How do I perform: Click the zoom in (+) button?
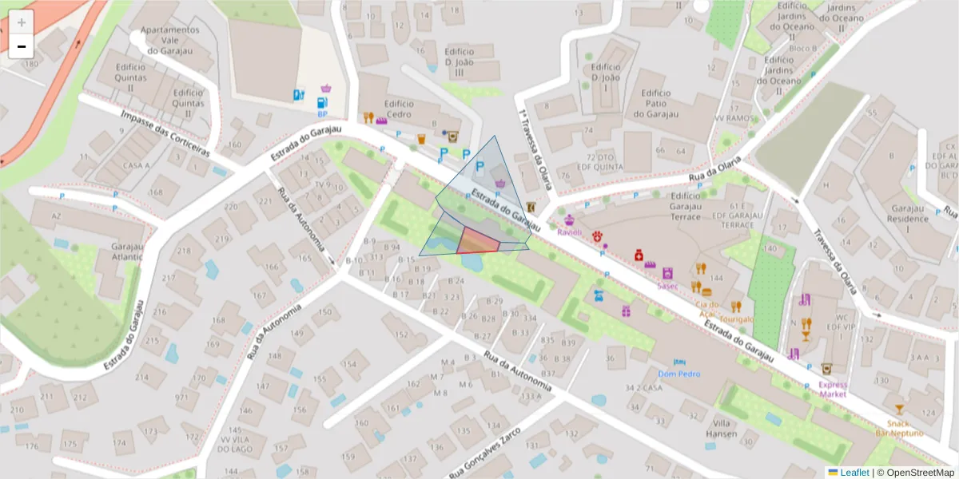coord(22,22)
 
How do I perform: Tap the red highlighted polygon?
coord(479,241)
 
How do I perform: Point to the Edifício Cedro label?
coord(399,109)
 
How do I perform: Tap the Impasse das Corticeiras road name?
coord(165,133)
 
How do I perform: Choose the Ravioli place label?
coord(570,232)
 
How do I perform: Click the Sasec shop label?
coord(667,285)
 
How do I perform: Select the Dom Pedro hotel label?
coord(678,374)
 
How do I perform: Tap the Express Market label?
coord(832,389)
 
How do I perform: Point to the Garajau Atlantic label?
coord(127,251)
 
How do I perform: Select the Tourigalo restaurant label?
coord(735,319)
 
